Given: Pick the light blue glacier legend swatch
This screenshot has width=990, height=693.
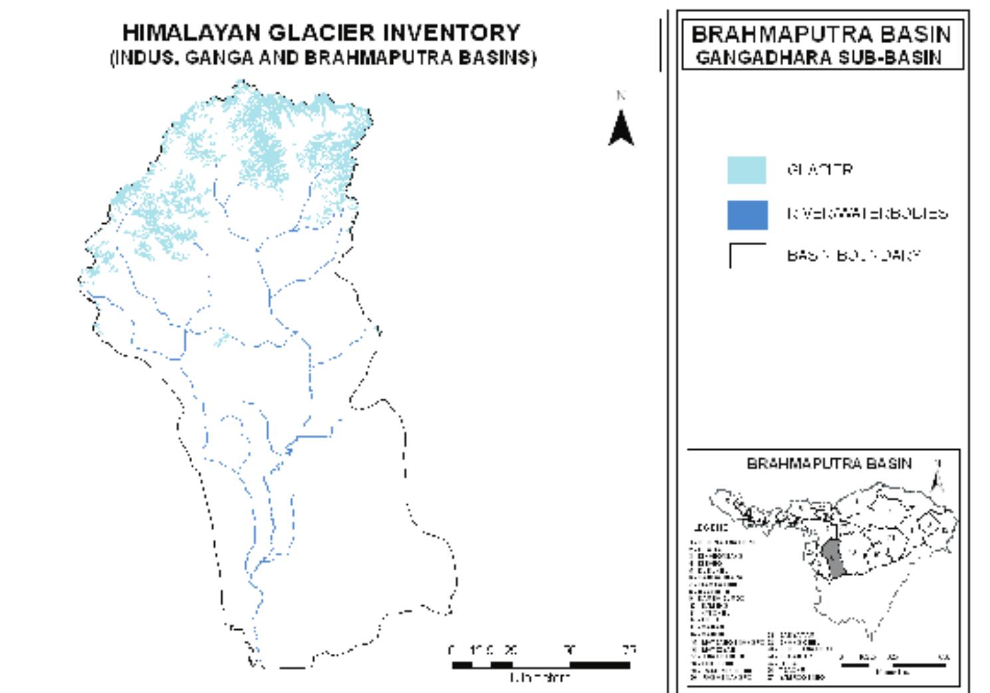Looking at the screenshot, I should pos(747,170).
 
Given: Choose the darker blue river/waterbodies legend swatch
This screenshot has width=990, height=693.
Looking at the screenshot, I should pos(747,215).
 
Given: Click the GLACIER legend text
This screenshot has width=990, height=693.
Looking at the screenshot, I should pos(820,170).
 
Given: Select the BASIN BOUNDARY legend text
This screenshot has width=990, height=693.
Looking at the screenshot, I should pos(854,255).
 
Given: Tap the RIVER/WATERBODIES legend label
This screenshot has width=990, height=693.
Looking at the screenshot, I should pos(867,213).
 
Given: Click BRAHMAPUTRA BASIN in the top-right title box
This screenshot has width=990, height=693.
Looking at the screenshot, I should pos(821,34).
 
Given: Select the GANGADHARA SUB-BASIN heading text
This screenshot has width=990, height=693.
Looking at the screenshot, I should pos(818,57).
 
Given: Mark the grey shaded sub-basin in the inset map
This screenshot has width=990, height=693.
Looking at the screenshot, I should pos(833,558).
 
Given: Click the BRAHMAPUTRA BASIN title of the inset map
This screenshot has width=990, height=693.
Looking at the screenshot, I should pos(828,463).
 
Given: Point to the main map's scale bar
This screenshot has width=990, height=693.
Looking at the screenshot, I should pos(541,664).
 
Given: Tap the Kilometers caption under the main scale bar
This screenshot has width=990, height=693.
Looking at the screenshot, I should pos(540,678).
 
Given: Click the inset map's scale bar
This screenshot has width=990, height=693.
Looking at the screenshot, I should pos(894,664).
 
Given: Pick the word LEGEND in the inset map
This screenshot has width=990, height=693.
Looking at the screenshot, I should pos(710,528).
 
